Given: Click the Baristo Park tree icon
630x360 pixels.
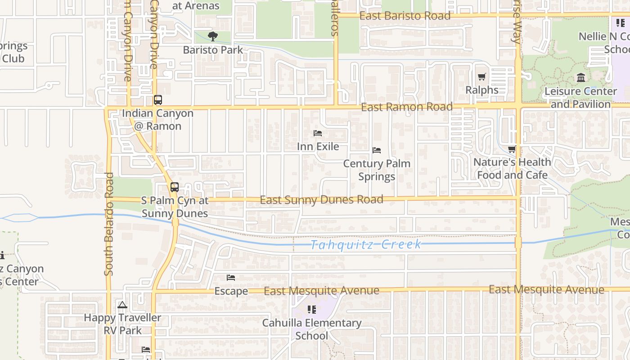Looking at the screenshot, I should pos(212,36).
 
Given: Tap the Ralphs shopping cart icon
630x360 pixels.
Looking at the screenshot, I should pos(482,76).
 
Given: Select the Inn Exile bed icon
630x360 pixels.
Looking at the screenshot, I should pos(318,133).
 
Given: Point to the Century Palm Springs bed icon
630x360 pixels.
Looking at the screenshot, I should pos(377,150).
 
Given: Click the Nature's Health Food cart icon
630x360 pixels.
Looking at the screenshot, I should pos(512,149).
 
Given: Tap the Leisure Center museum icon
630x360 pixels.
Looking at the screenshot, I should pos(581,78).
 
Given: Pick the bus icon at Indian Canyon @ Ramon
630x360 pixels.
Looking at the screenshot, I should pos(157,100).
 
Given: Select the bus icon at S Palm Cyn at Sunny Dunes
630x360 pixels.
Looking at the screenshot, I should pos(175,187).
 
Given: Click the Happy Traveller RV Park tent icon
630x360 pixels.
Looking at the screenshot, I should pos(122,305).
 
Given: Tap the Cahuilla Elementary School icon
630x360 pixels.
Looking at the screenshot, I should pos(311,310).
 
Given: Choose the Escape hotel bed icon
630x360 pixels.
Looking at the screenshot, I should pos(231,278).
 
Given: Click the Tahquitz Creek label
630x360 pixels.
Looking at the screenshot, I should pos(366,245).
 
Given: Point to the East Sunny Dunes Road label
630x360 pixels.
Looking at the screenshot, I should pos(321,200).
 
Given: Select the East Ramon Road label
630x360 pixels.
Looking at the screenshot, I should pos(407,107).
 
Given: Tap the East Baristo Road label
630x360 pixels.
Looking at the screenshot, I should pos(405,16).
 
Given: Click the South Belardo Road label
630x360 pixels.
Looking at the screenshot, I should pos(108,224).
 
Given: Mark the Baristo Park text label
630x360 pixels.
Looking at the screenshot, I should pos(213,50).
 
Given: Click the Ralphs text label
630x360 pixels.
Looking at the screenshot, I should pos(482,90).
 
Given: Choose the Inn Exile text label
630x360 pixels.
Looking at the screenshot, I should pos(318,147).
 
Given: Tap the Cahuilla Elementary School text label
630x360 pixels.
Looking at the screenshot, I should pos(312,329).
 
